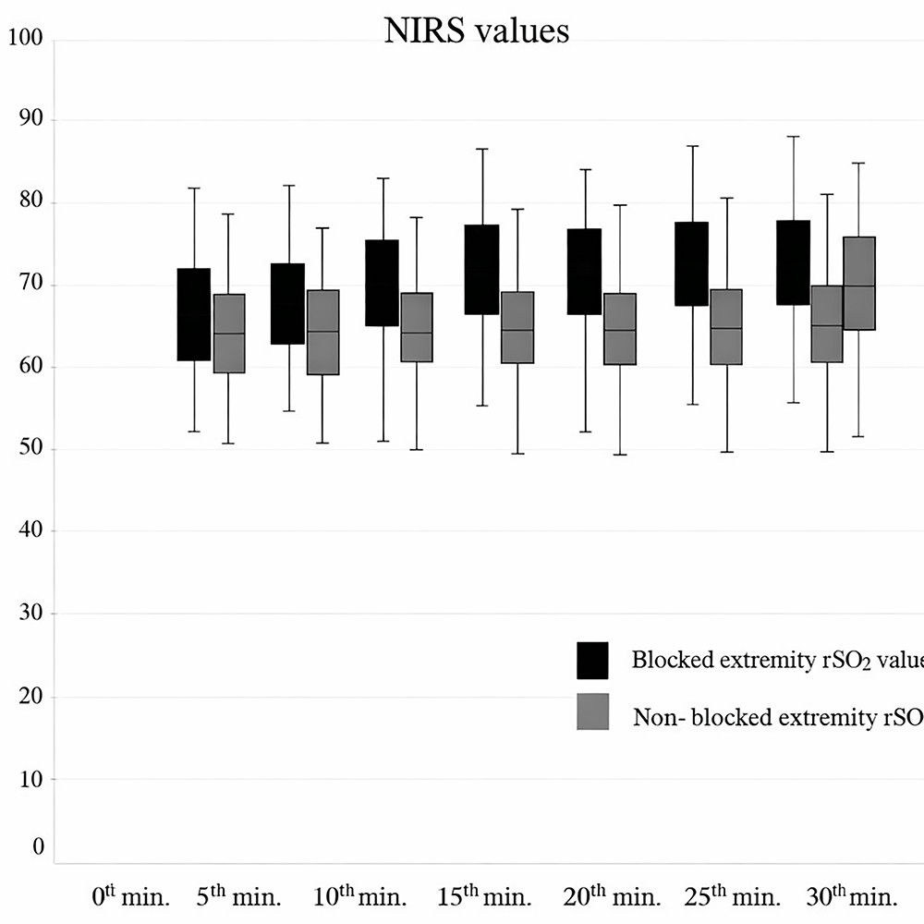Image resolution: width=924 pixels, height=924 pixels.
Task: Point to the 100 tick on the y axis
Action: [x=25, y=40]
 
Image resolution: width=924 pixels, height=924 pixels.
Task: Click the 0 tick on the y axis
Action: [x=38, y=846]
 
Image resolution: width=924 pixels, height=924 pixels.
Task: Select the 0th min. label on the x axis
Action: [x=130, y=895]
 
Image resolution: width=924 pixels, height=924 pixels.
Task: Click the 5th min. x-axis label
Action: [x=238, y=895]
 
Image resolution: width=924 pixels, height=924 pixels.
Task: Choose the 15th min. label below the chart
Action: [x=484, y=895]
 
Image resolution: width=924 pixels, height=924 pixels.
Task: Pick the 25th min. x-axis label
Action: [x=732, y=895]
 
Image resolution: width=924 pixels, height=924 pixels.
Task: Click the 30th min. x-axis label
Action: [x=851, y=895]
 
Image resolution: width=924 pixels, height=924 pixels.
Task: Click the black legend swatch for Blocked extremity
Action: [x=593, y=660]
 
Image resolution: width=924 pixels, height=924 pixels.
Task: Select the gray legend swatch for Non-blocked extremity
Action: [x=593, y=711]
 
